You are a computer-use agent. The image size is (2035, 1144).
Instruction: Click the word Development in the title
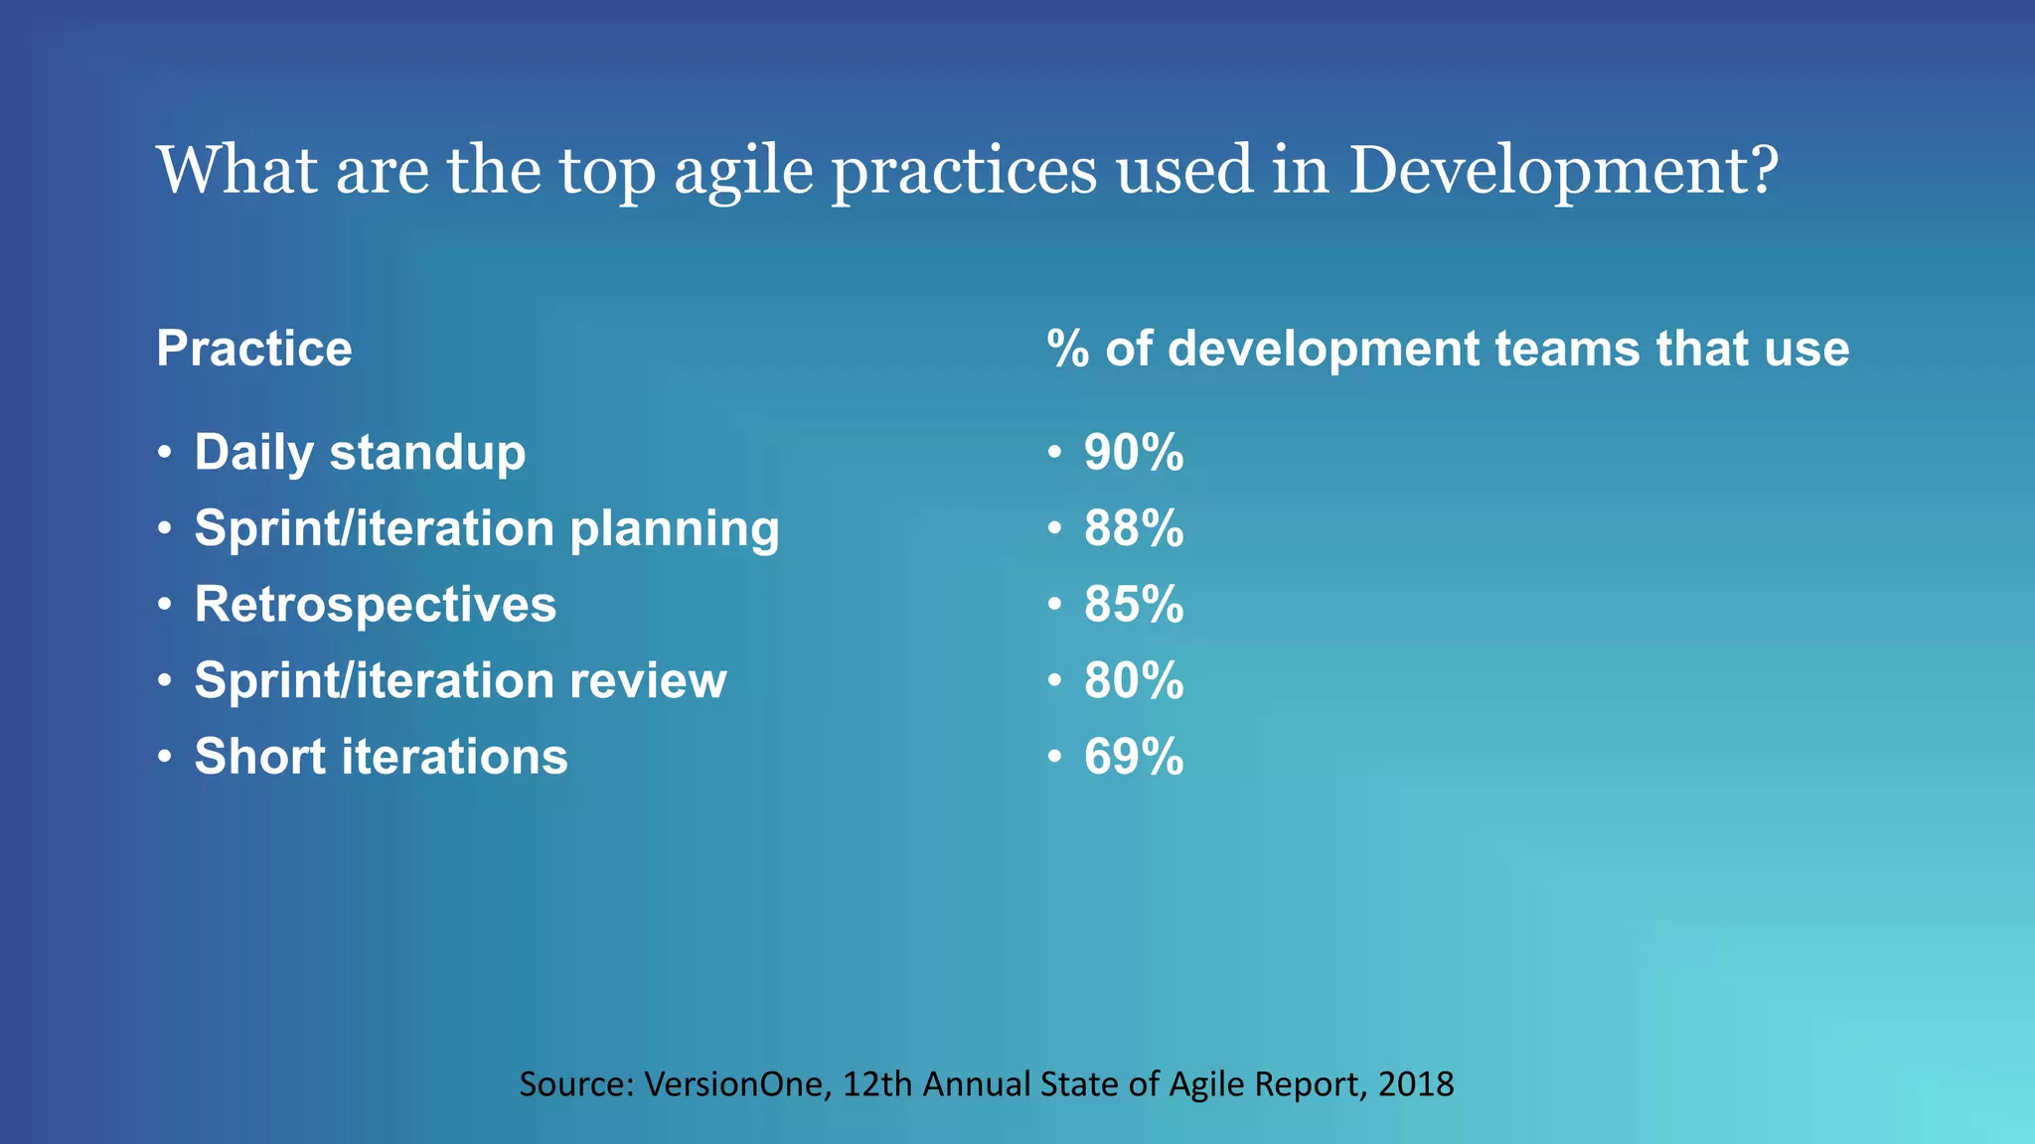click(1548, 171)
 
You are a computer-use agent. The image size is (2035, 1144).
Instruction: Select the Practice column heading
click(254, 349)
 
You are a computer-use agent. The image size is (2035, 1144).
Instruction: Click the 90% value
click(1134, 453)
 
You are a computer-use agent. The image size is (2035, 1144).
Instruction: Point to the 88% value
click(1134, 528)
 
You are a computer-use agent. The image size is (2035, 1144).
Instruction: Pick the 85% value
click(1134, 605)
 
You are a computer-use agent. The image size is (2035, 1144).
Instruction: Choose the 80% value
click(1134, 681)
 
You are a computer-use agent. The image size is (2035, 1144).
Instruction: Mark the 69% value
click(1134, 757)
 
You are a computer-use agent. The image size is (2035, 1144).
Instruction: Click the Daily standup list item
click(360, 453)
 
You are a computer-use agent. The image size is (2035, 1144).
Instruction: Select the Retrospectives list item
click(376, 605)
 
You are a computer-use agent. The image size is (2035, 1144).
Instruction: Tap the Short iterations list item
click(381, 757)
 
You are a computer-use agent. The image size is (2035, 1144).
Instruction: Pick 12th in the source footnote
click(877, 1083)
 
